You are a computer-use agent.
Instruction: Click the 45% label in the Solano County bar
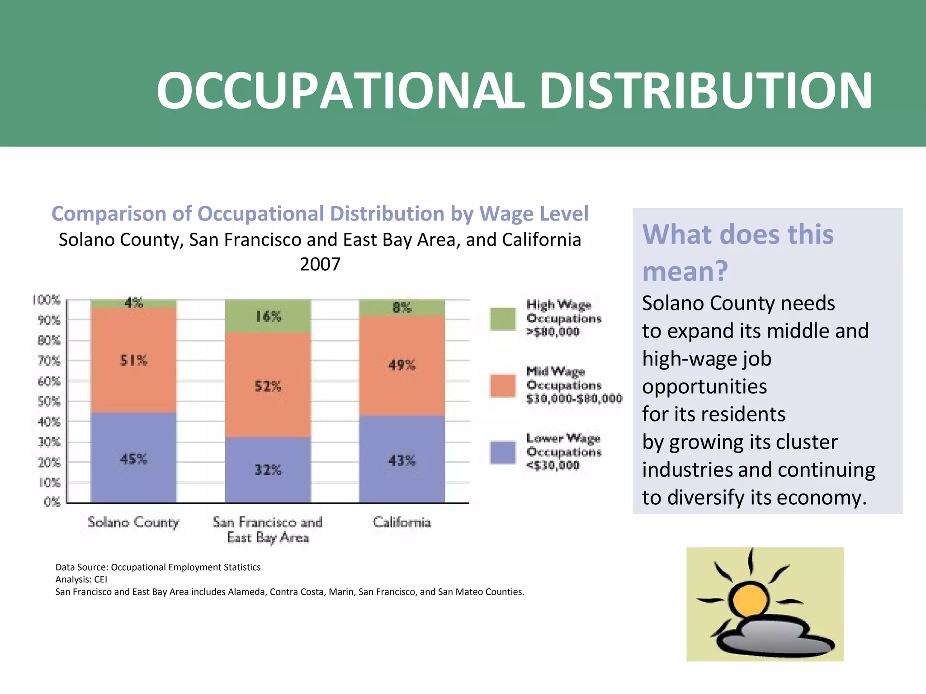[133, 459]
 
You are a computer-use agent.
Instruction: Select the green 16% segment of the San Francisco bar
[268, 316]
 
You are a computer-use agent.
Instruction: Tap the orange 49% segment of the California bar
[402, 365]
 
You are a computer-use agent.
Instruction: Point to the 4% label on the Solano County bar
[134, 303]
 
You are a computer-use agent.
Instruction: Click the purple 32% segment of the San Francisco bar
[268, 470]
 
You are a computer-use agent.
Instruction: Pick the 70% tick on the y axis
[49, 361]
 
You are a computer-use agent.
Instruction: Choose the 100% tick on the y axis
[46, 300]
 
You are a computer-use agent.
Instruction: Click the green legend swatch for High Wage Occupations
[503, 319]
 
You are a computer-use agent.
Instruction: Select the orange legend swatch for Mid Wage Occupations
[503, 386]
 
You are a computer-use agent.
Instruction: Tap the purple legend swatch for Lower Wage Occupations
[503, 452]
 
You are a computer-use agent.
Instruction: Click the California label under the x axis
[402, 522]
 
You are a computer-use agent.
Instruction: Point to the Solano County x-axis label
[133, 522]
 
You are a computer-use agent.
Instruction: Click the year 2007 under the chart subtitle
[320, 264]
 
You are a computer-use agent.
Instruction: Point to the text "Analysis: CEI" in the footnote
[81, 580]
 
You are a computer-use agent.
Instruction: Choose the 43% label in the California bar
[402, 461]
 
